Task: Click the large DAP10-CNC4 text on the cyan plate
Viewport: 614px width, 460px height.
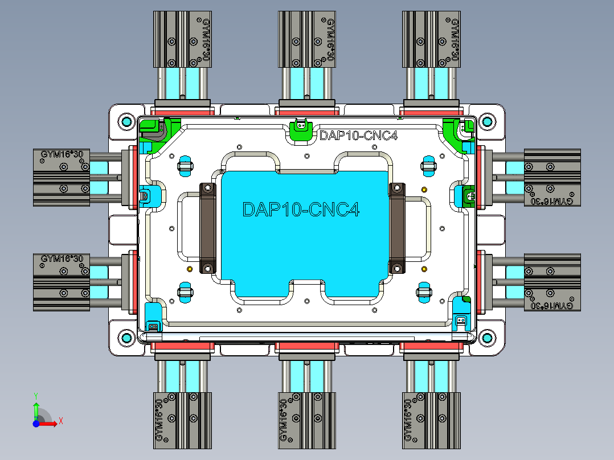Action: pyautogui.click(x=301, y=209)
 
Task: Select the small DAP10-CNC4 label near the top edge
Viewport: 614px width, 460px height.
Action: pyautogui.click(x=358, y=135)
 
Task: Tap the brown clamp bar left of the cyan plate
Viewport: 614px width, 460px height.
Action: pyautogui.click(x=207, y=228)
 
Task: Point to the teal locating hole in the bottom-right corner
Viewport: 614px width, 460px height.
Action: pyautogui.click(x=486, y=338)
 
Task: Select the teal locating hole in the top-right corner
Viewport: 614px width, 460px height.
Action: pyautogui.click(x=486, y=121)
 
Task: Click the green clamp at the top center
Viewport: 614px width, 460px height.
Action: pyautogui.click(x=300, y=130)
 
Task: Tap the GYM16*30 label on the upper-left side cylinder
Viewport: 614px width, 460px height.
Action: pyautogui.click(x=62, y=154)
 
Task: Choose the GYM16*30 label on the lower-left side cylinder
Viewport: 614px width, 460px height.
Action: pyautogui.click(x=62, y=259)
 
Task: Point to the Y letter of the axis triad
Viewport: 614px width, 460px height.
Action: pyautogui.click(x=35, y=395)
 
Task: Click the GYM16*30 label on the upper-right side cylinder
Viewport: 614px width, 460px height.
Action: pyautogui.click(x=552, y=201)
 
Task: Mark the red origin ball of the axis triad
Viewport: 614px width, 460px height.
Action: pyautogui.click(x=36, y=423)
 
